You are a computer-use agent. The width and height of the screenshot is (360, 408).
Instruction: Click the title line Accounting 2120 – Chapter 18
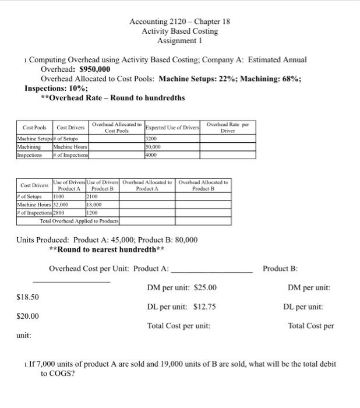180,22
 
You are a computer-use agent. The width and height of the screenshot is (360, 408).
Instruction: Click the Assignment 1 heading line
180,41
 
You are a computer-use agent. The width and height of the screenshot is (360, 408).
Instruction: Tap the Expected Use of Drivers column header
172,127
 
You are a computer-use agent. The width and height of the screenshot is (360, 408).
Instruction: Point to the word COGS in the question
52,374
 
